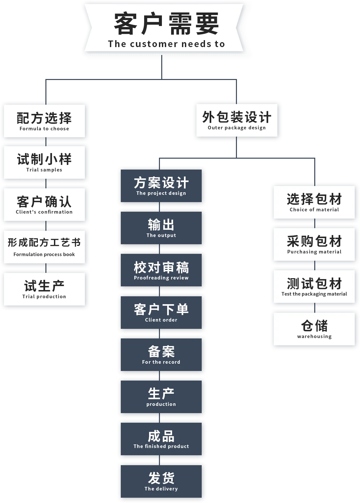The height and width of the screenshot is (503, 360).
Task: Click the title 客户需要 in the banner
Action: coord(166,24)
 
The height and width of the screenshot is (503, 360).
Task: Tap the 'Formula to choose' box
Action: coord(44,121)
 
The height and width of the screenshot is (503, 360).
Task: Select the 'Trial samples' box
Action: coord(44,162)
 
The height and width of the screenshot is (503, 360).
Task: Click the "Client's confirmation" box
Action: coord(44,204)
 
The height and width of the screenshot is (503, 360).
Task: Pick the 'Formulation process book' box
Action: coord(44,247)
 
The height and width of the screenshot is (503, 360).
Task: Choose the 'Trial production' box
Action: coord(44,289)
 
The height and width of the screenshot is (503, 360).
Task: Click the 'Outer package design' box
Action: coord(237,120)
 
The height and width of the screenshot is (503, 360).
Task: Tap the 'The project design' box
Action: coord(161,186)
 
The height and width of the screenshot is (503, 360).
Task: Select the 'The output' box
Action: coord(161,228)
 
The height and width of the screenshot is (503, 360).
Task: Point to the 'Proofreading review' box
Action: coord(161,270)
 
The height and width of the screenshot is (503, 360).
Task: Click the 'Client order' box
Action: coord(161,312)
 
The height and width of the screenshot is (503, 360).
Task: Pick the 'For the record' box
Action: coord(161,355)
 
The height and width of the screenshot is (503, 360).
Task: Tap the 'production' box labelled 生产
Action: coord(161,397)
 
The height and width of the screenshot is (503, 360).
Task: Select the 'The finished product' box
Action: coord(161,439)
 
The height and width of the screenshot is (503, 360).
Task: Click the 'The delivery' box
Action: coord(161,481)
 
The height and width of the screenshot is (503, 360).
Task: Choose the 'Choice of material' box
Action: coord(314,202)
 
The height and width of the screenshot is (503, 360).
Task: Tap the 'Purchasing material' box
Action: coord(314,244)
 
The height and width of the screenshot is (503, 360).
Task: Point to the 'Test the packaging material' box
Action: coord(314,286)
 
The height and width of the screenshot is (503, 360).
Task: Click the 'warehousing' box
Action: coord(314,329)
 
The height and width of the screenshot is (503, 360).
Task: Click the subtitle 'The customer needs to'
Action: coord(166,44)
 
